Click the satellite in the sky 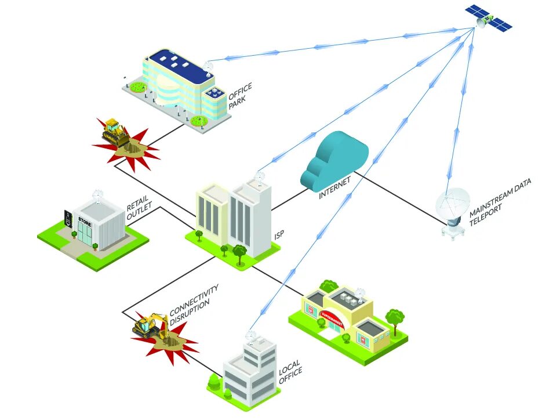coord(490,18)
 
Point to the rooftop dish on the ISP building coord(260,176)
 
